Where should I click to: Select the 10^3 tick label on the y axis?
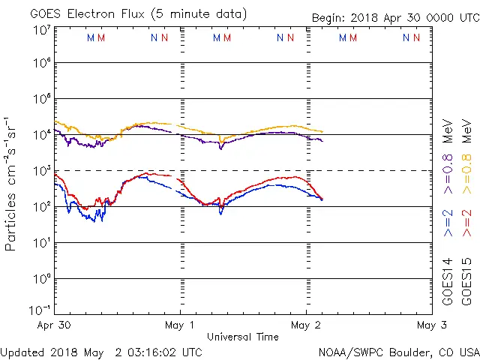point(41,170)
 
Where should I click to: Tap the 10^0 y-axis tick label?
point(41,278)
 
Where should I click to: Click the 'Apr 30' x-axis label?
point(55,325)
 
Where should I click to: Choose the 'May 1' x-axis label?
point(180,325)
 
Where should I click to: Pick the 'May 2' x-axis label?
point(306,325)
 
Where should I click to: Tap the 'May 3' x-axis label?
point(431,325)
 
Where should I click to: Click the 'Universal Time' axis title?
point(243,337)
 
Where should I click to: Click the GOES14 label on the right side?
point(448,281)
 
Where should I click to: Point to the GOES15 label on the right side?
point(467,281)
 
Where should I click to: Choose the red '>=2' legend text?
point(467,223)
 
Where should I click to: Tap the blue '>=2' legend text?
point(448,223)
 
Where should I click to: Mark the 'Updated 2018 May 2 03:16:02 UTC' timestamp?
point(101,352)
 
